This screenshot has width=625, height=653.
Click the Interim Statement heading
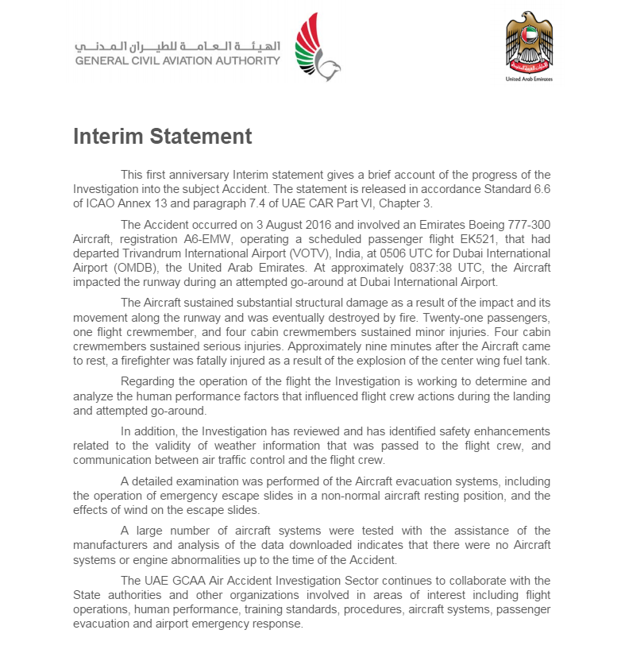point(162,137)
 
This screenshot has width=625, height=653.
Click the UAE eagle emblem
point(528,43)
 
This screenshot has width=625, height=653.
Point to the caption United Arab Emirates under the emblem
point(529,79)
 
